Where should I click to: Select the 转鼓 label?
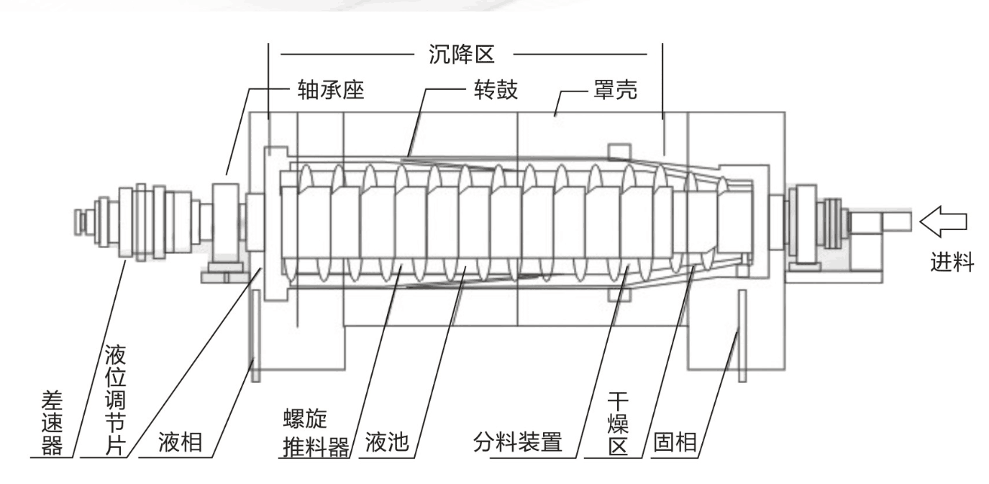coord(496,92)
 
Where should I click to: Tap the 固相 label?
coord(675,442)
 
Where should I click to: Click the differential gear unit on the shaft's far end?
coord(144,222)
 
